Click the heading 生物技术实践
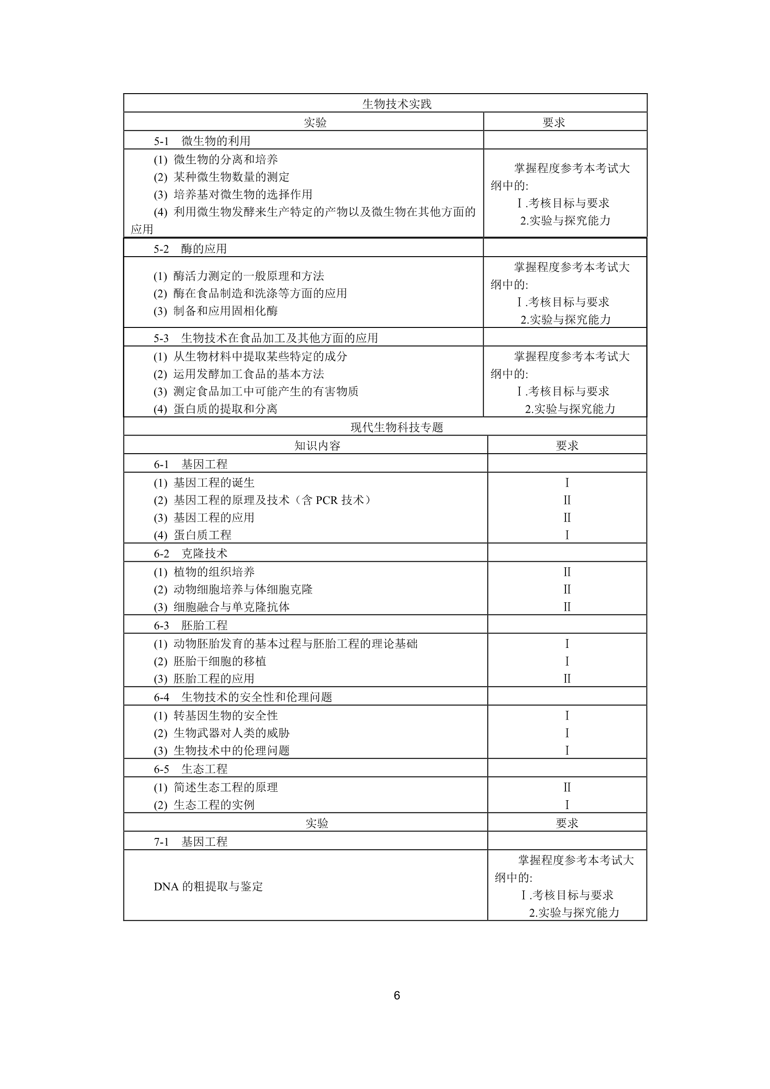coord(396,104)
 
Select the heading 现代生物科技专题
coord(396,427)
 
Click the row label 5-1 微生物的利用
coord(202,141)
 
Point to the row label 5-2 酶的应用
coord(190,249)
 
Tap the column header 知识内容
coord(317,446)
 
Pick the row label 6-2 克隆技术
coord(190,553)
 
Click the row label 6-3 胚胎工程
coord(190,625)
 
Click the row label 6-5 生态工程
coord(190,769)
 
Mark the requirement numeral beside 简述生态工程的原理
coord(567,787)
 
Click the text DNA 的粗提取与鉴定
coord(208,886)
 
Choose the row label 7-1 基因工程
coord(190,842)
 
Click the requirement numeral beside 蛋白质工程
coord(567,536)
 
